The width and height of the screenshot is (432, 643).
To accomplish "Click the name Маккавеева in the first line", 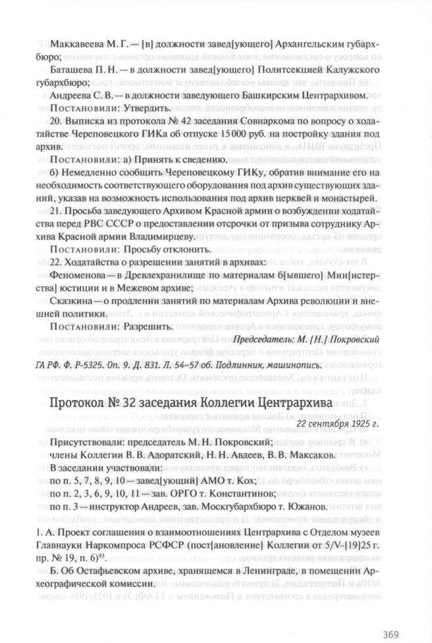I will coord(74,45).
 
